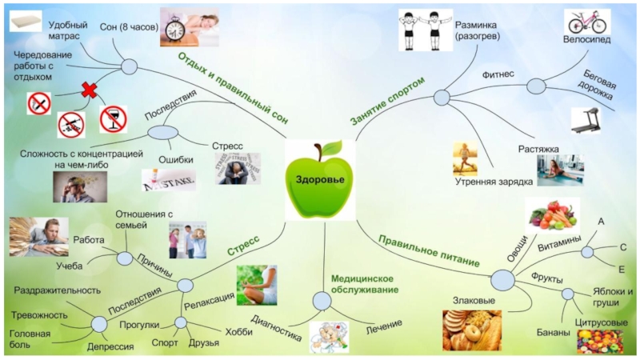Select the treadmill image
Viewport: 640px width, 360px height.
(590, 120)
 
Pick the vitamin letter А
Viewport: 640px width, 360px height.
(600, 222)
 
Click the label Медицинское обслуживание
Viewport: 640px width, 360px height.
(361, 283)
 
